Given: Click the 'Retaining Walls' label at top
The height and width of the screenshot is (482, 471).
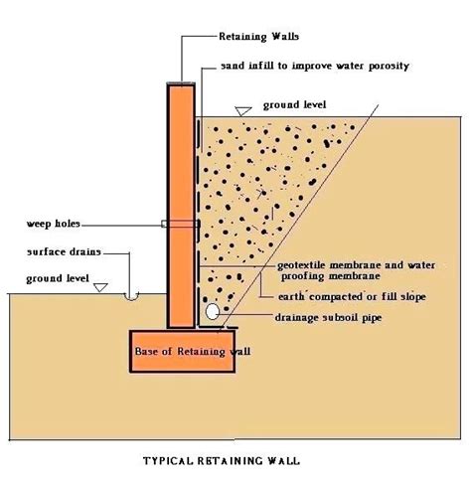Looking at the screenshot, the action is pos(258,37).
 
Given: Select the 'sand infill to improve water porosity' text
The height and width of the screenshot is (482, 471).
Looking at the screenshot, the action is pos(315,66).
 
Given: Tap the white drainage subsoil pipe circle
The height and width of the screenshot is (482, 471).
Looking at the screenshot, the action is pos(212,311).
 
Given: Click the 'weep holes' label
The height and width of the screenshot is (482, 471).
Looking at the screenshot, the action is pos(54,224).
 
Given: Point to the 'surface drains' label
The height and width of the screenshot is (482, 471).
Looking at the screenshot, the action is pos(64,251).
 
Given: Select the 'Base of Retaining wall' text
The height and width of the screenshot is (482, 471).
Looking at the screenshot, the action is pos(193,352).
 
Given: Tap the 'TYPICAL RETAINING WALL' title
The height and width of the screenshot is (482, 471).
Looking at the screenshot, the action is pos(222,461).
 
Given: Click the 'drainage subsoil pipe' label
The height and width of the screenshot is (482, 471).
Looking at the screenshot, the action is pos(328,318).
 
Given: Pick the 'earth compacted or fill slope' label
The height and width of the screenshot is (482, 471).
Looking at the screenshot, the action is pos(352,297).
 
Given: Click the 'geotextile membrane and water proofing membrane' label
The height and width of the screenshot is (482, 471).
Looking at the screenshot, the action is pos(357,270).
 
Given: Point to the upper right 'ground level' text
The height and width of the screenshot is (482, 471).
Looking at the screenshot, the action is pos(294,105).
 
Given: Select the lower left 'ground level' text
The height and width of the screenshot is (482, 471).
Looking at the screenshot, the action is pos(58,278).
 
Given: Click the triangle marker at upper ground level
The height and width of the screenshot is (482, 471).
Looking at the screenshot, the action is pos(243,111).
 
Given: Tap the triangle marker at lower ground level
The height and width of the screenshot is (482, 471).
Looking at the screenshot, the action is pos(100,287).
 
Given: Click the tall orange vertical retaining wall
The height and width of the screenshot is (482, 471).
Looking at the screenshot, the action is pos(181,206).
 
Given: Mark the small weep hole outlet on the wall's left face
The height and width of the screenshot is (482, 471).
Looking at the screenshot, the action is pos(164,224).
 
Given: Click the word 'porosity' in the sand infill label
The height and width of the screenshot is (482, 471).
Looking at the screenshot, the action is pos(389,67).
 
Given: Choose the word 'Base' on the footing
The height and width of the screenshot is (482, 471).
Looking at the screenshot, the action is pos(147,351).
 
